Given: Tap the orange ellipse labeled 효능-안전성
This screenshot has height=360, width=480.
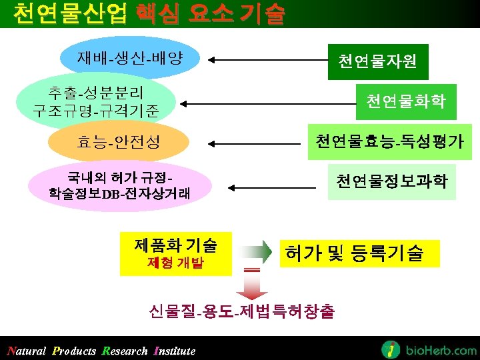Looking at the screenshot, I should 118,141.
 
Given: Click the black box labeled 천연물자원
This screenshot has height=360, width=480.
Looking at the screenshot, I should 377,62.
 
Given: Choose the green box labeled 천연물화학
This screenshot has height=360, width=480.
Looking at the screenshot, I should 405,101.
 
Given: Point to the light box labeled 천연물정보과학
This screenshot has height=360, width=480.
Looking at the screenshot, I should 391,181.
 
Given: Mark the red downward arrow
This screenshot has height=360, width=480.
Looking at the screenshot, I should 251,287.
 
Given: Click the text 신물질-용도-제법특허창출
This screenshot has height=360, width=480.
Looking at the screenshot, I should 242,311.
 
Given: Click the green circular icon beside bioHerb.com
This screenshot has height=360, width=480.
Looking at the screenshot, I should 391,349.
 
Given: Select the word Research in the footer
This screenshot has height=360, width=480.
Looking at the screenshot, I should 125,351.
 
